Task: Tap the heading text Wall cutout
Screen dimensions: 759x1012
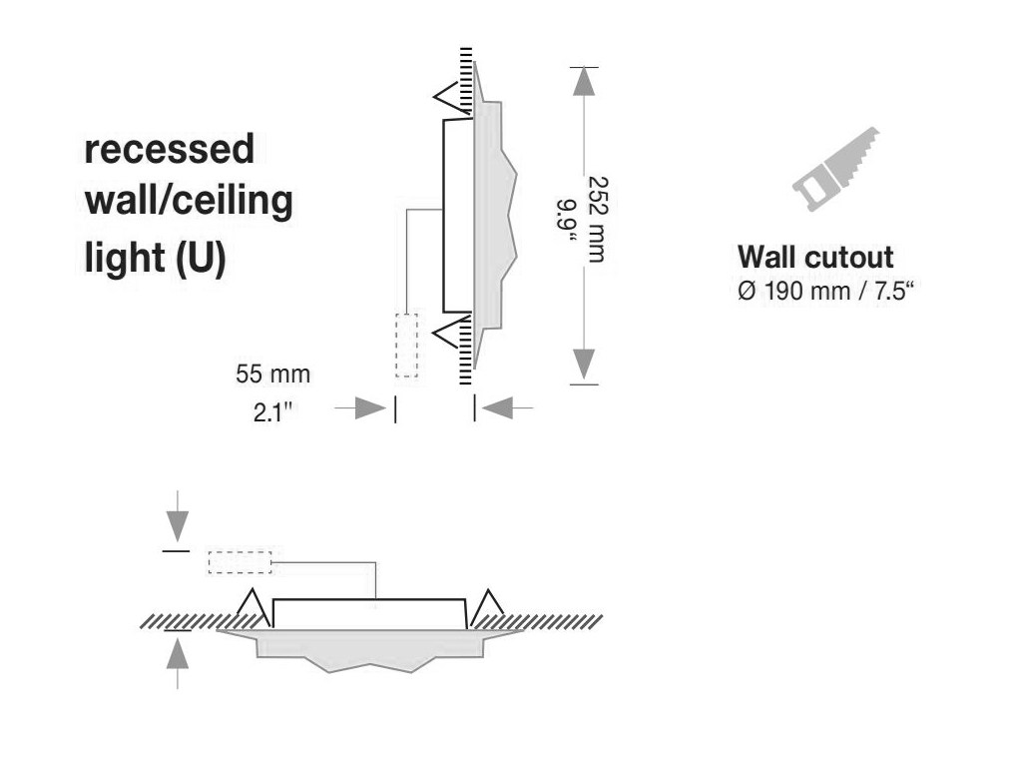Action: [814, 257]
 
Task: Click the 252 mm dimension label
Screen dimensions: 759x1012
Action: [597, 221]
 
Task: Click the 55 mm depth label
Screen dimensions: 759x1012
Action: [272, 375]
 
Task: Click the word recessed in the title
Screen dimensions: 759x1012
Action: [169, 150]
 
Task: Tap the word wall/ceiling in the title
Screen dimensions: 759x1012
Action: [188, 203]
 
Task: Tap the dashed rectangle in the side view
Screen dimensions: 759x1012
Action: [406, 346]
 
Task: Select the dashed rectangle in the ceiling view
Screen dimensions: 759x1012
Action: [240, 562]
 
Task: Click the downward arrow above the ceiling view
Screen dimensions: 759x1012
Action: [177, 520]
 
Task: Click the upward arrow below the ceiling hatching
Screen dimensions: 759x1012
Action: [177, 657]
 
